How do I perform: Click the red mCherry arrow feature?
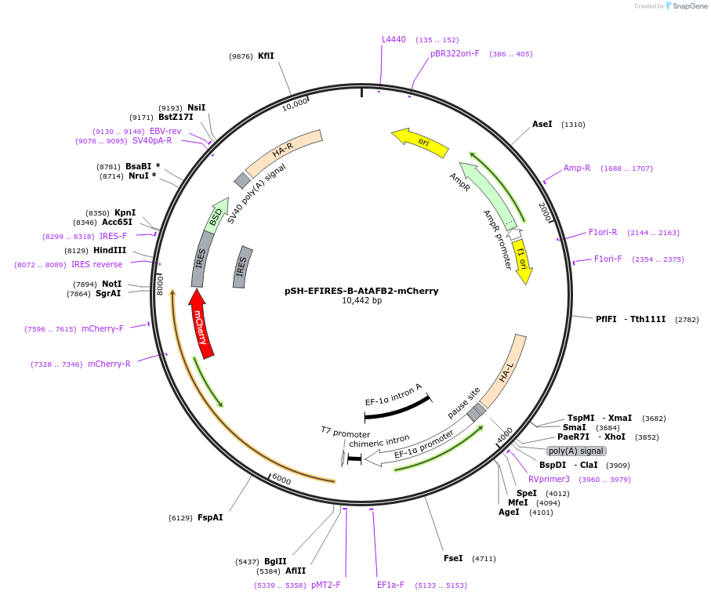pyautogui.click(x=201, y=324)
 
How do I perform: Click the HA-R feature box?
pyautogui.click(x=283, y=152)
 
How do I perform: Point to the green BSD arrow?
pyautogui.click(x=216, y=215)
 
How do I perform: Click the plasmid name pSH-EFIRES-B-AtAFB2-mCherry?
pyautogui.click(x=361, y=291)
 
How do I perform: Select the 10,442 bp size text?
pyautogui.click(x=361, y=301)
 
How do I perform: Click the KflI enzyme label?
pyautogui.click(x=266, y=56)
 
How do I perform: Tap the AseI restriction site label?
pyautogui.click(x=542, y=125)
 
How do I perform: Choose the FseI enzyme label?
pyautogui.click(x=453, y=559)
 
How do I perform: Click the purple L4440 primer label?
pyautogui.click(x=394, y=39)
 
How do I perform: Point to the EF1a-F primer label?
pyautogui.click(x=390, y=585)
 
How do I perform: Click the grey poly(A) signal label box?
pyautogui.click(x=576, y=451)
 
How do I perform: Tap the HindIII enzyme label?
pyautogui.click(x=110, y=250)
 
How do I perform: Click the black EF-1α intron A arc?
pyautogui.click(x=397, y=407)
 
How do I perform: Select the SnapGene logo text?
pyautogui.click(x=687, y=6)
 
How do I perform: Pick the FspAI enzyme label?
pyautogui.click(x=210, y=517)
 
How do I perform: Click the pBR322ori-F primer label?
pyautogui.click(x=455, y=53)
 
